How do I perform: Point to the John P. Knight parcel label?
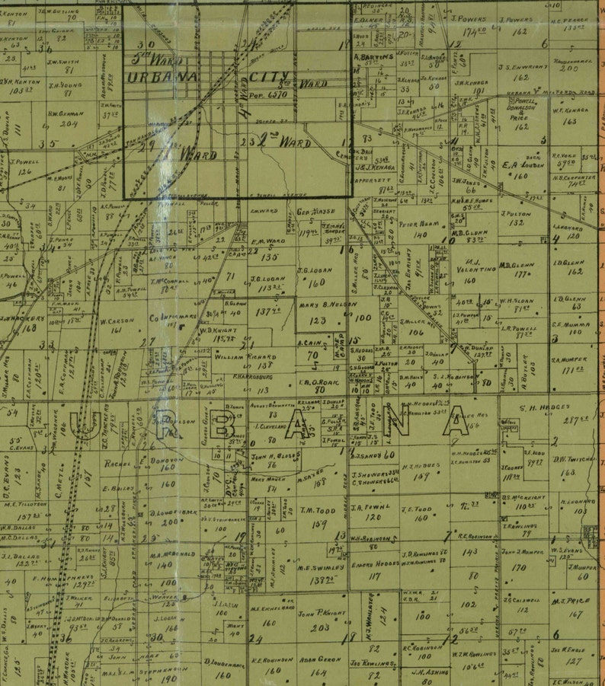(317, 614)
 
